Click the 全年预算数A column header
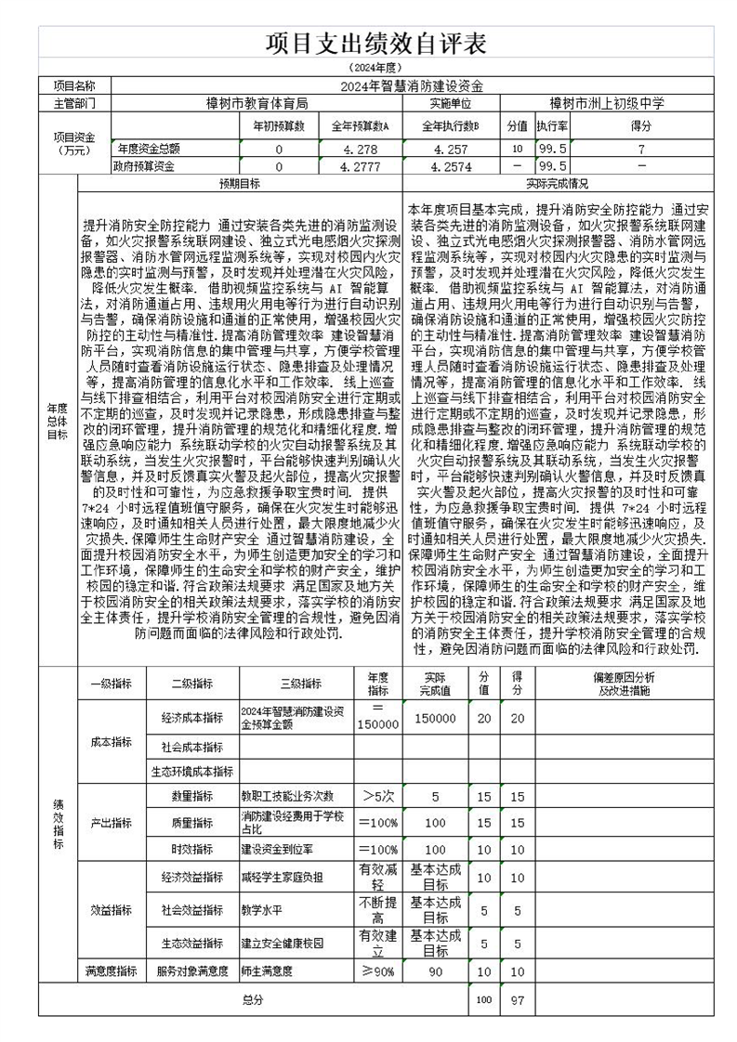[360, 125]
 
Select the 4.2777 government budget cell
[360, 166]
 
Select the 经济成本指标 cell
[191, 718]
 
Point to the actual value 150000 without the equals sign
[435, 718]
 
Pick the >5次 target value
[378, 796]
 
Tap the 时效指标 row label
[191, 849]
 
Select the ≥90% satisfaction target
[378, 970]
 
